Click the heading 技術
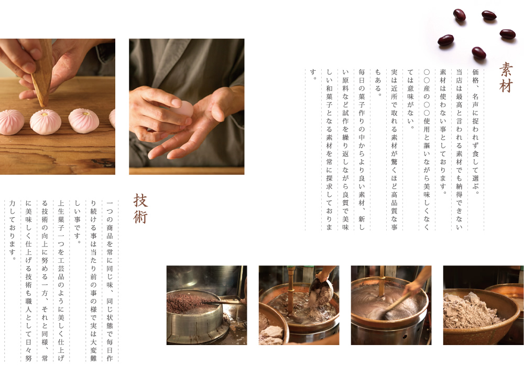pyautogui.click(x=140, y=208)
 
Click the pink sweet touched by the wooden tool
pyautogui.click(x=45, y=120)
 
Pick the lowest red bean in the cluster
pyautogui.click(x=478, y=52)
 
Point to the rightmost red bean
pyautogui.click(x=507, y=34)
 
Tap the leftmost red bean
pyautogui.click(x=445, y=40)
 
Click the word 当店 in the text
pyautogui.click(x=459, y=76)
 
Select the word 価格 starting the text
pyautogui.click(x=475, y=76)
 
